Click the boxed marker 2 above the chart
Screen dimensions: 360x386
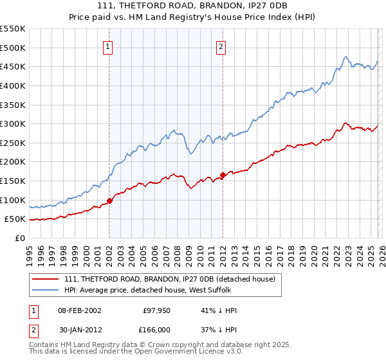(x=221, y=46)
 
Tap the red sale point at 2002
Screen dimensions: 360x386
(x=109, y=200)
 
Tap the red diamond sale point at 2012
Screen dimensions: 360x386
(x=223, y=174)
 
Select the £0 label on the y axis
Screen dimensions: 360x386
(x=19, y=238)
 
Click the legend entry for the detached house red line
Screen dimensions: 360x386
(x=170, y=278)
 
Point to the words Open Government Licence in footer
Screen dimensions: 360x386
(x=179, y=353)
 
